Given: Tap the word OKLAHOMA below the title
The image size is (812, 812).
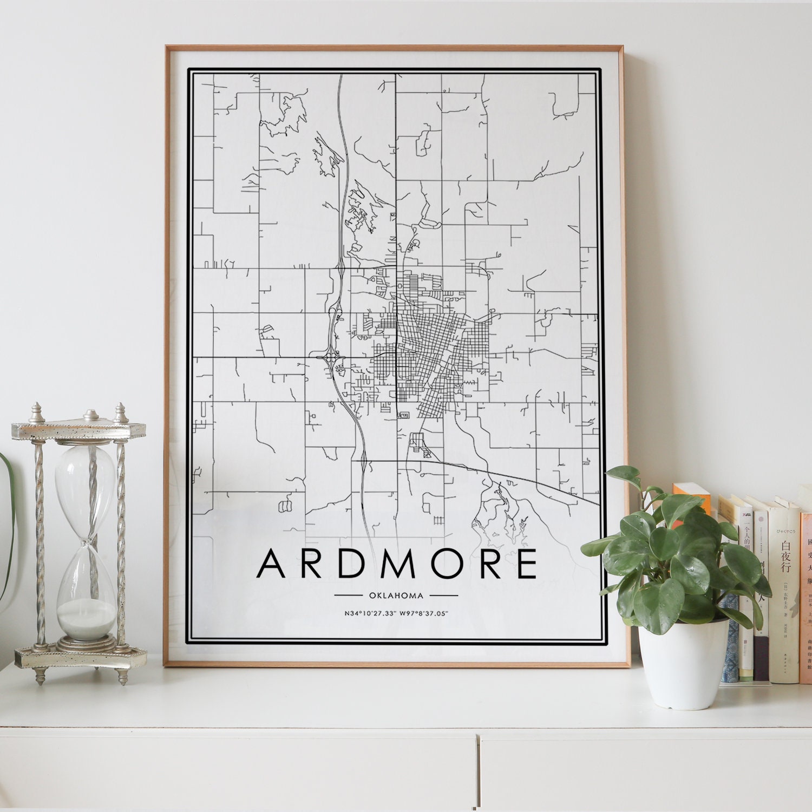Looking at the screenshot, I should pyautogui.click(x=396, y=595).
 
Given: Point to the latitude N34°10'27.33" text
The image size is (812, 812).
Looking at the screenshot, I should pyautogui.click(x=368, y=613).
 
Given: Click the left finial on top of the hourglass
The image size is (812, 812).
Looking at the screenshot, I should pyautogui.click(x=37, y=414).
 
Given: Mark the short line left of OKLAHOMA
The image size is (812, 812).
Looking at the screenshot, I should pyautogui.click(x=348, y=595).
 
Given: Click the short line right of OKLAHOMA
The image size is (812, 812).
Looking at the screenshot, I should pyautogui.click(x=444, y=595).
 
